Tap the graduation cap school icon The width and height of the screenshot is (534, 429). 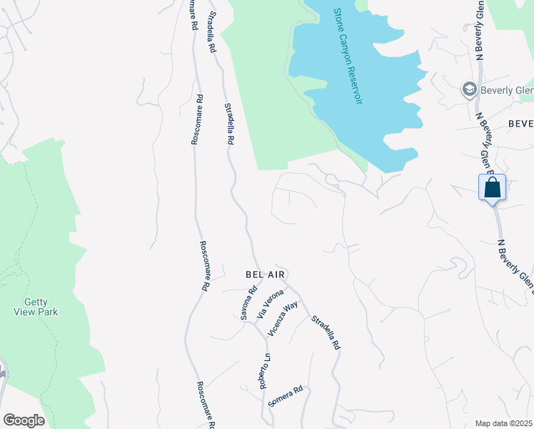tap(470, 89)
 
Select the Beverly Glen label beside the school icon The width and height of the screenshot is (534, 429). tap(507, 90)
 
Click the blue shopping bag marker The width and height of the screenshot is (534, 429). tap(493, 188)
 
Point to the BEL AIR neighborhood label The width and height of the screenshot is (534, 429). tap(266, 275)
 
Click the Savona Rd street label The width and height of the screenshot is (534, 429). tap(248, 303)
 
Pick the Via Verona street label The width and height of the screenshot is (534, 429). tap(271, 303)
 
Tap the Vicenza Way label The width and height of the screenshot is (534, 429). tap(283, 319)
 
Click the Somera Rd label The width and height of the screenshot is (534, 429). tap(286, 397)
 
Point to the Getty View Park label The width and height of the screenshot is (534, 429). tap(36, 307)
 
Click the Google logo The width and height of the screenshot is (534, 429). tap(24, 420)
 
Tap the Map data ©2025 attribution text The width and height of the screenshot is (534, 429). tap(503, 423)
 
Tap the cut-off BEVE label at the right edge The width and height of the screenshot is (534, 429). tap(520, 124)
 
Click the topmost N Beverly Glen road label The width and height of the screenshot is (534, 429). tap(480, 30)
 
